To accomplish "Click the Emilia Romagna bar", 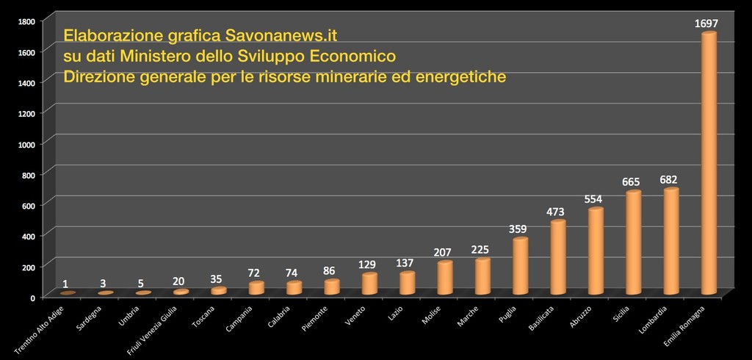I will (x=709, y=165).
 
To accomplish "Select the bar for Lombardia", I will (x=670, y=242).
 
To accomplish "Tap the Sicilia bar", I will (x=633, y=244).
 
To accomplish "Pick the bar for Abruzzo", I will (x=596, y=252).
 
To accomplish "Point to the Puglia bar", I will (x=520, y=267).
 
